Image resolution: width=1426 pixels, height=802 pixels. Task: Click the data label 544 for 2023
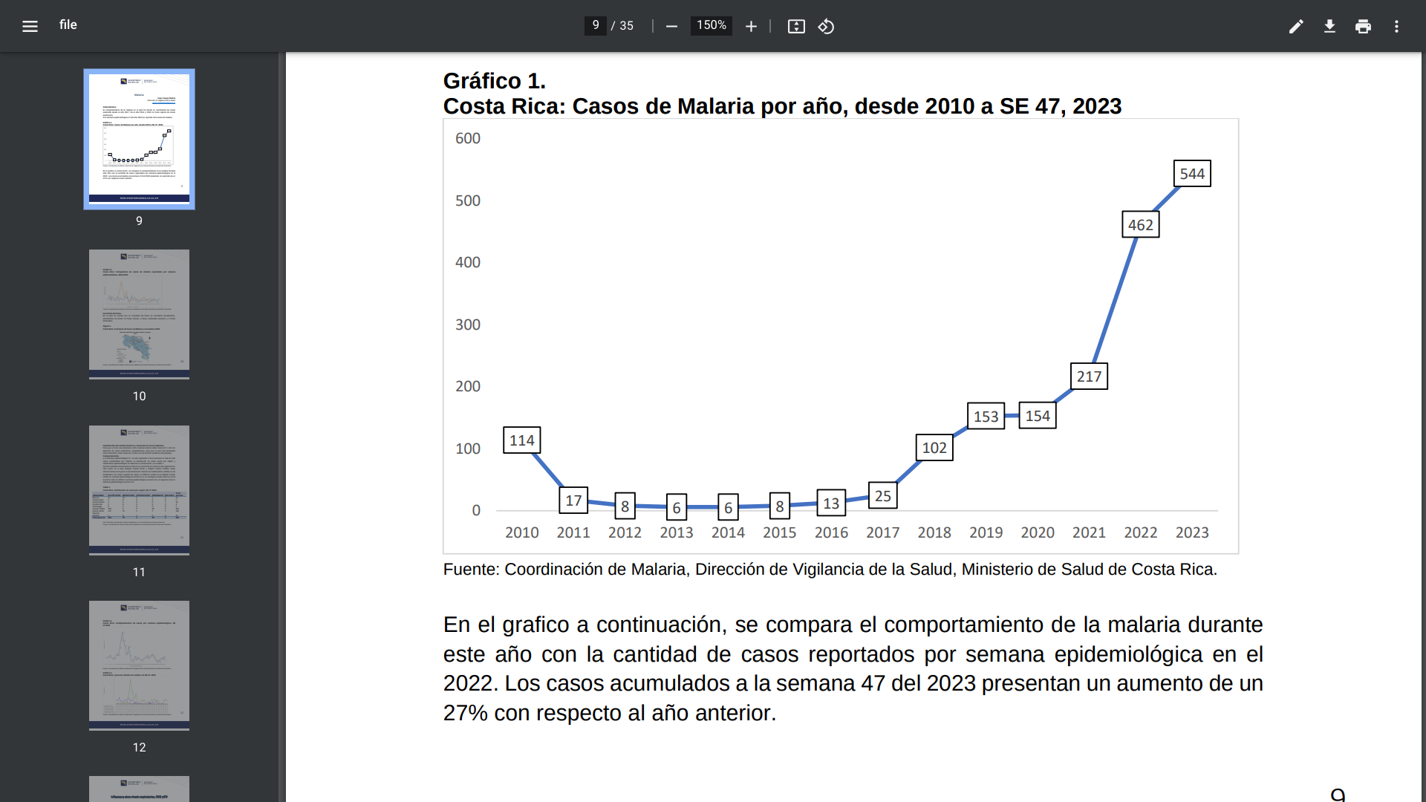click(1192, 174)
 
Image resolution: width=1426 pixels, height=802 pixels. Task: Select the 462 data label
click(1140, 225)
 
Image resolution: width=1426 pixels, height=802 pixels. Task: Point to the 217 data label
click(1089, 376)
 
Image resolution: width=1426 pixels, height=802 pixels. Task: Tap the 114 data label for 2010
click(522, 440)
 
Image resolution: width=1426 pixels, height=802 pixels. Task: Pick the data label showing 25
click(882, 496)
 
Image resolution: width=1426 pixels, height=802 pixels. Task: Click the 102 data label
click(934, 448)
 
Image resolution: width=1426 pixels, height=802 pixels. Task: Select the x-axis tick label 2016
click(831, 532)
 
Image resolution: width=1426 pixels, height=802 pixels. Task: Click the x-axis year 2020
click(1037, 532)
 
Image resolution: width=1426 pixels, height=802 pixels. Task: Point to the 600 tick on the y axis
click(468, 138)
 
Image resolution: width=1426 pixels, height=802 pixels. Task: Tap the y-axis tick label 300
click(468, 325)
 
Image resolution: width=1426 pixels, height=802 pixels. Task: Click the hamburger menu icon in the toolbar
click(30, 26)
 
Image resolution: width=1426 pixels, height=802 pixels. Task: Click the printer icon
click(1363, 26)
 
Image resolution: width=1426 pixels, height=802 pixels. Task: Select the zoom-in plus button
click(751, 26)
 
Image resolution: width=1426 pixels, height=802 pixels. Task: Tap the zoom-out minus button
click(671, 26)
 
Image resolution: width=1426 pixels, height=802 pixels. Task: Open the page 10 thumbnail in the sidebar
click(139, 310)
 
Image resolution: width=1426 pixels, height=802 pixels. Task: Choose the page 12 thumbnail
click(139, 662)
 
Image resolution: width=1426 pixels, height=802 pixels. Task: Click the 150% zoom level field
click(711, 25)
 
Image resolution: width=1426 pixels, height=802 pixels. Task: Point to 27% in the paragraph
click(466, 713)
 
